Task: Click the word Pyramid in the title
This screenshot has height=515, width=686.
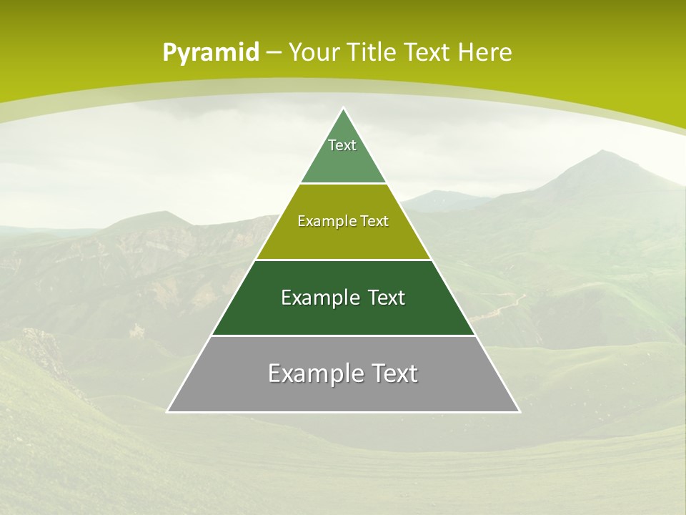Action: coord(211,53)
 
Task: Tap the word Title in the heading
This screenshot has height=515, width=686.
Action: coord(374,53)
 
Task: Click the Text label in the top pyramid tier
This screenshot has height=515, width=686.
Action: coord(342,145)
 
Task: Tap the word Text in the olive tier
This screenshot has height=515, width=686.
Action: coord(375,221)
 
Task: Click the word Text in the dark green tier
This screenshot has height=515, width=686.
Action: coord(387,298)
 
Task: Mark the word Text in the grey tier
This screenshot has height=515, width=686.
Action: coord(394,373)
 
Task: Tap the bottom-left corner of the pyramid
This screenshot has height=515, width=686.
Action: coord(167,412)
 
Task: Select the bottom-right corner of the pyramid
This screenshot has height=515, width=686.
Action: coord(520,412)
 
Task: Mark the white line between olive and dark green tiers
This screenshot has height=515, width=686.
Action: coord(344,260)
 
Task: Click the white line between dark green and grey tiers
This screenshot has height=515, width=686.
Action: coord(344,335)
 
